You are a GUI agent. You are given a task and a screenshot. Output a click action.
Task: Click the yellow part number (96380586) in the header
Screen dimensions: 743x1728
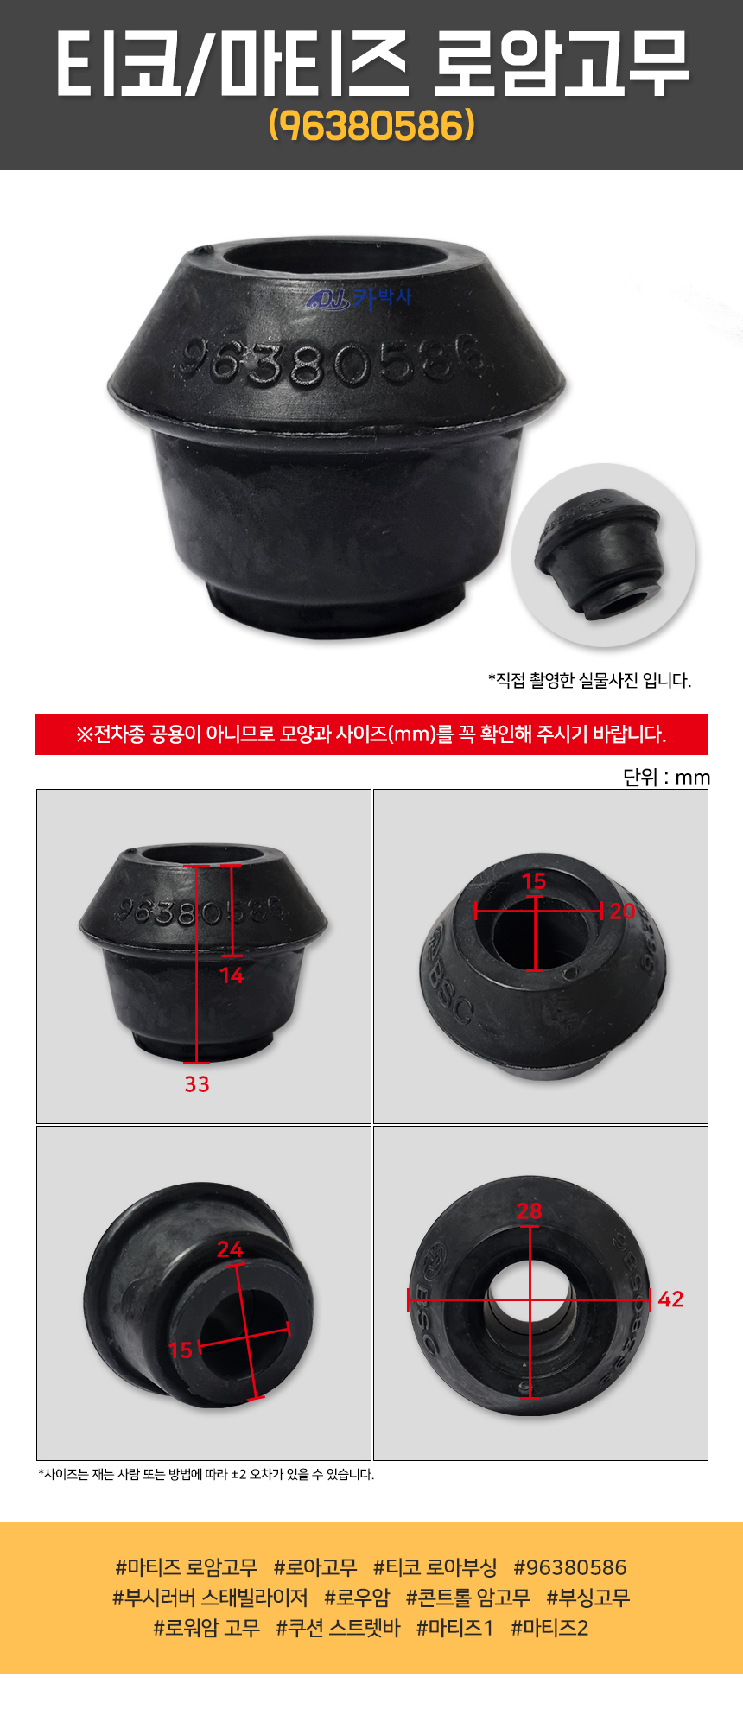(371, 125)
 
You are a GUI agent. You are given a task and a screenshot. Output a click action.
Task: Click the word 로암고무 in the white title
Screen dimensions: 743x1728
(560, 63)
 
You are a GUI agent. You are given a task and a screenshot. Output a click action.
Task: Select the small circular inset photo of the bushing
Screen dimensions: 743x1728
(603, 555)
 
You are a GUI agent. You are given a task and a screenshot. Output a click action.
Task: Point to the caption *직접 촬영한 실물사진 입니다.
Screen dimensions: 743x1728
(589, 680)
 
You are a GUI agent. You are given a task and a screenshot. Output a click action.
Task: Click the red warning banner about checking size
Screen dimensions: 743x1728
(371, 734)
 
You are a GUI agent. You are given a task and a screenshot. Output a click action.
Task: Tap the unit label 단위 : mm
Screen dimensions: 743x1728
(666, 777)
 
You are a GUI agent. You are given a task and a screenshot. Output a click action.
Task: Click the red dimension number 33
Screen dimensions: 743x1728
(197, 1083)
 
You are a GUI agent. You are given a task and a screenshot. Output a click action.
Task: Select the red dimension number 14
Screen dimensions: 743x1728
(232, 975)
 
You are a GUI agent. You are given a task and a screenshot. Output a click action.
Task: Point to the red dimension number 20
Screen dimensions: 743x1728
(622, 911)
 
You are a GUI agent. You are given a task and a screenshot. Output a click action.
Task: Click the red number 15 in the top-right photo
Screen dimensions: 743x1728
(534, 881)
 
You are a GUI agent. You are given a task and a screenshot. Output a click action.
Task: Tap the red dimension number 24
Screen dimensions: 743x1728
(230, 1248)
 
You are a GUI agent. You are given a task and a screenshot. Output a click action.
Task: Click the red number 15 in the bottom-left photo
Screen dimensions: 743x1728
(180, 1350)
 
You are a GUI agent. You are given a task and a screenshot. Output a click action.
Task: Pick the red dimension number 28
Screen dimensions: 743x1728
(529, 1211)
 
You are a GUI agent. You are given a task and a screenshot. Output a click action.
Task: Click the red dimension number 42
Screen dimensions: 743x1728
(670, 1299)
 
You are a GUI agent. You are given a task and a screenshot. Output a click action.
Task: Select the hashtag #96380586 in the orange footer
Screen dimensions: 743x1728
(570, 1567)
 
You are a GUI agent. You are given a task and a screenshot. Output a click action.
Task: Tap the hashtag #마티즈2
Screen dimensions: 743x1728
(549, 1628)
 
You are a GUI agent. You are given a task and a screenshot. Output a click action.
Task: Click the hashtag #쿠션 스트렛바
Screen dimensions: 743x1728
(338, 1628)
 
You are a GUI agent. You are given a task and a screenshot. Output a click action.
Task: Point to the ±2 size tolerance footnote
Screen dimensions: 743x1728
(206, 1475)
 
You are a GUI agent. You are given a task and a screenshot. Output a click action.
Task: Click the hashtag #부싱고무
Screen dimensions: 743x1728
(588, 1598)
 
